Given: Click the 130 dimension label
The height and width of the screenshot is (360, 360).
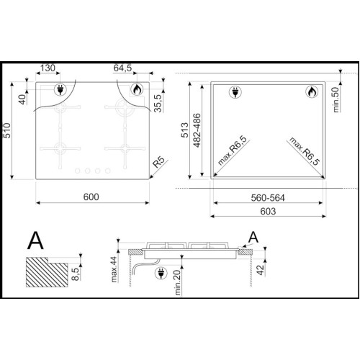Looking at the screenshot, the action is pos(48,68).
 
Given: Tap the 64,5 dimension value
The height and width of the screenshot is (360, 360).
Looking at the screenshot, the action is pos(122,68).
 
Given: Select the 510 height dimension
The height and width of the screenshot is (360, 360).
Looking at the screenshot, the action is pos(7,130).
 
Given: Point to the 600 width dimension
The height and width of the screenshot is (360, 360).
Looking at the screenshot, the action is pos(91,197).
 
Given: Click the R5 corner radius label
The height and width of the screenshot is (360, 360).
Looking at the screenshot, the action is pos(158,162).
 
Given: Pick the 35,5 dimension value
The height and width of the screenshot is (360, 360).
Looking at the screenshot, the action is pos(158,103).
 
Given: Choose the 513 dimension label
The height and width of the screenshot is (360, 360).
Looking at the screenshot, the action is pos(184,130).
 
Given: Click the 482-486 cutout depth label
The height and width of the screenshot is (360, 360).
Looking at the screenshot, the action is pos(197,130).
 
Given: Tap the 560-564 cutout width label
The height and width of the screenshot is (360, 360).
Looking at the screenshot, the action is pos(268,198).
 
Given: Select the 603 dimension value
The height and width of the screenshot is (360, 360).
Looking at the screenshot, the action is pos(268,212).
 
